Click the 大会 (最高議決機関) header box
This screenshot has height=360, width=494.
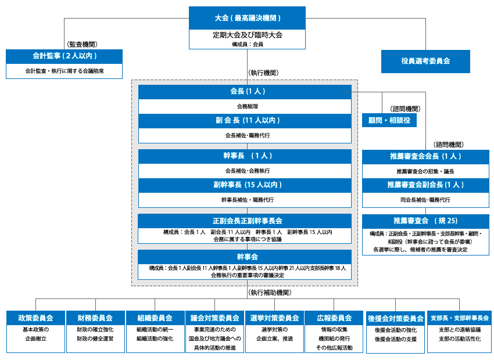point(247,18)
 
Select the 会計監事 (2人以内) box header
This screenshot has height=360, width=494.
point(64,56)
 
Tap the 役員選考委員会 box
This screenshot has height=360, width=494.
point(425,60)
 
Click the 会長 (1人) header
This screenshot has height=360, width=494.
point(245,92)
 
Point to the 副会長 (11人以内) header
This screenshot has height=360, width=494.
point(245,121)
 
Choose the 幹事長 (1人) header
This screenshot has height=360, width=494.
point(245,156)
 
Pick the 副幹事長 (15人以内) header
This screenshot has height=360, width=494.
point(245,185)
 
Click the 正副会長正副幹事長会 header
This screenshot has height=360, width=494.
point(245,221)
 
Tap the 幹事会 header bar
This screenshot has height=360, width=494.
point(245,256)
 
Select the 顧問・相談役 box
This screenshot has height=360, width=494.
point(389,120)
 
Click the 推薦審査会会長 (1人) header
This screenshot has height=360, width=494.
point(425,157)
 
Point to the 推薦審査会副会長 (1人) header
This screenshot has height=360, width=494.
point(425,185)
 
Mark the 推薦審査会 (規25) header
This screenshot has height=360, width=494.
point(425,221)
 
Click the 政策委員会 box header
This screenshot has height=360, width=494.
point(35,318)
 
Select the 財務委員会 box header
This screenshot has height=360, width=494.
point(95,318)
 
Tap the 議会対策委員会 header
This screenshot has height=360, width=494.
point(214,318)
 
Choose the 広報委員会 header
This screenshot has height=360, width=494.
point(334,318)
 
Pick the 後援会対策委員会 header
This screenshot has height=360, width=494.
point(395,319)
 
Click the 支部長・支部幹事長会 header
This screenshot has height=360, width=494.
point(459,318)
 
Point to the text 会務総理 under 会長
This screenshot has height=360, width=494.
point(245,107)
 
